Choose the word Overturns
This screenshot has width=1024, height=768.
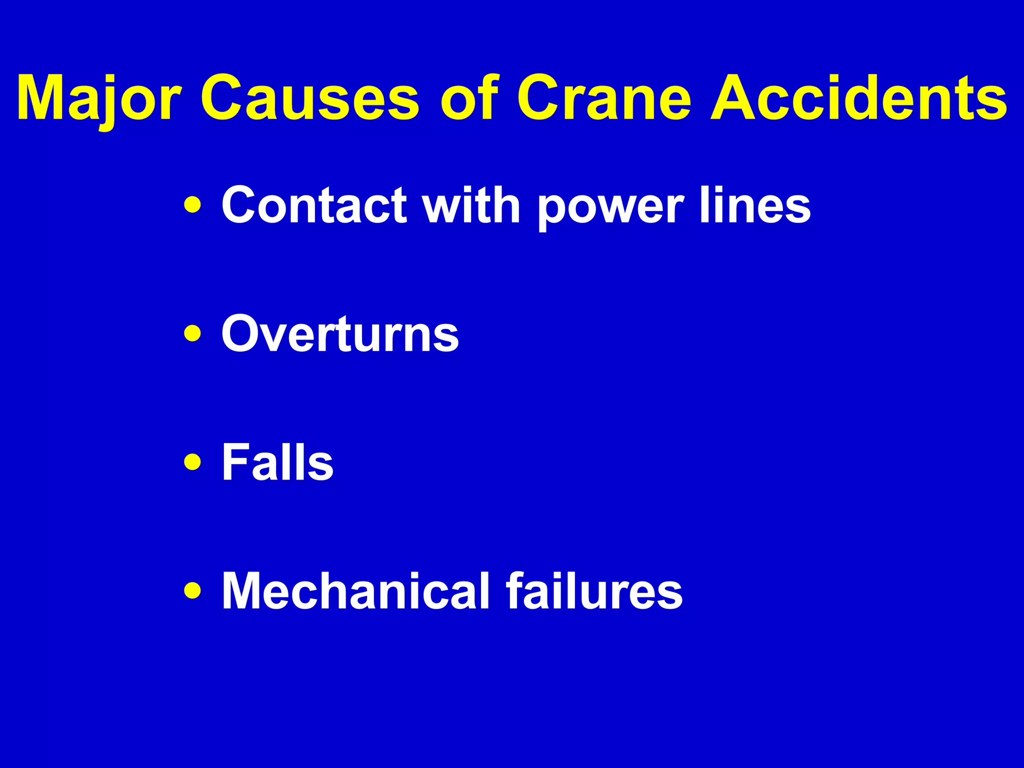[x=340, y=333]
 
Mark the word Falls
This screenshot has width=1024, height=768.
[x=277, y=462]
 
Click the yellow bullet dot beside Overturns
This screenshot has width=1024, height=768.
[x=193, y=333]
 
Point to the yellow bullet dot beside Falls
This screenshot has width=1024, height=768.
[x=193, y=462]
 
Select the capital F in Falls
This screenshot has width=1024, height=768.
[x=235, y=462]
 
